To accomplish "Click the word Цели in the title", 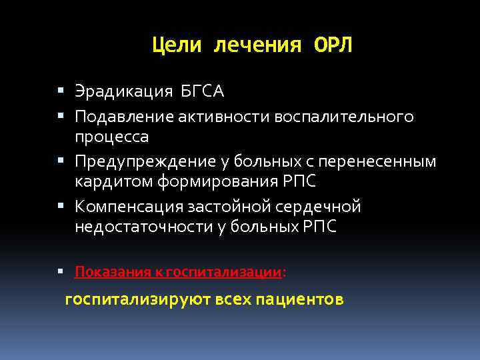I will [177, 45].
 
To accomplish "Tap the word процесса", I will [112, 137].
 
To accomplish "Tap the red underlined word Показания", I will [111, 271].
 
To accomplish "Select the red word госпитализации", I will [223, 271].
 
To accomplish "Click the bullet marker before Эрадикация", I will [61, 91].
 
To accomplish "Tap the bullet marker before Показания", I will [61, 271].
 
